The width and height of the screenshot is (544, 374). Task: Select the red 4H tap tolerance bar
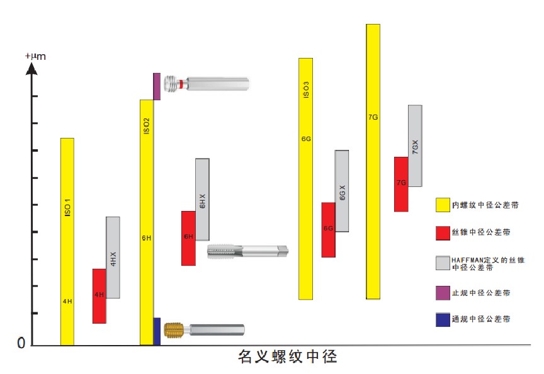pyautogui.click(x=99, y=296)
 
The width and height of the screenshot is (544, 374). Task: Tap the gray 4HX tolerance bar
pyautogui.click(x=113, y=257)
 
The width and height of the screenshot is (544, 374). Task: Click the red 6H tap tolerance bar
pyautogui.click(x=188, y=238)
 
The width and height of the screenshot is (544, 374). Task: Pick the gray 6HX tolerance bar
pyautogui.click(x=202, y=199)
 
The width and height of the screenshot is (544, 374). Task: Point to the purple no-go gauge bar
pyautogui.click(x=157, y=86)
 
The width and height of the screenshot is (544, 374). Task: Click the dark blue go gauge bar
pyautogui.click(x=157, y=331)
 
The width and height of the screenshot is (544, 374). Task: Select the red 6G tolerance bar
pyautogui.click(x=328, y=229)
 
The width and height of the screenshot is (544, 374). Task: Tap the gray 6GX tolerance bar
pyautogui.click(x=342, y=191)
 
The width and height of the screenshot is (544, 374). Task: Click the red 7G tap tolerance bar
pyautogui.click(x=401, y=184)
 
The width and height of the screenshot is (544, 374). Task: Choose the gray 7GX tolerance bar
pyautogui.click(x=415, y=145)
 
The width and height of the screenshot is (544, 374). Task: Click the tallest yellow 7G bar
pyautogui.click(x=373, y=161)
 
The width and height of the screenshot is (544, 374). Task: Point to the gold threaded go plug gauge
pyautogui.click(x=174, y=330)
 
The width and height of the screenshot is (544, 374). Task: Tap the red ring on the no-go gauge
pyautogui.click(x=181, y=84)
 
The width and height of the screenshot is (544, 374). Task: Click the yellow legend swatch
pyautogui.click(x=443, y=205)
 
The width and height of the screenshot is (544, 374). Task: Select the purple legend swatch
pyautogui.click(x=443, y=293)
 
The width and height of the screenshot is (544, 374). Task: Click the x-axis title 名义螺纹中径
pyautogui.click(x=288, y=358)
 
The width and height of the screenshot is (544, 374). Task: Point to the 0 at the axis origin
pyautogui.click(x=21, y=344)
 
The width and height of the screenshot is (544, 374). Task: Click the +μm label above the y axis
pyautogui.click(x=35, y=57)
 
